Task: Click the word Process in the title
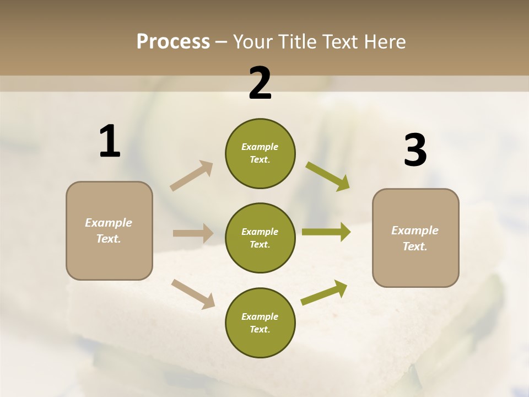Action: click(x=173, y=42)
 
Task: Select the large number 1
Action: click(x=110, y=142)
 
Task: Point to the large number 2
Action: click(x=260, y=84)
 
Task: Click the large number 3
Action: click(x=415, y=151)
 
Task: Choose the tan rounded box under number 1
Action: click(x=109, y=230)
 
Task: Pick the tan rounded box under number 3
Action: click(x=415, y=238)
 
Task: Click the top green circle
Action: click(x=260, y=153)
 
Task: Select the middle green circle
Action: click(x=260, y=238)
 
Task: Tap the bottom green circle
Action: click(x=260, y=323)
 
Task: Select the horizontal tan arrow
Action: click(x=193, y=233)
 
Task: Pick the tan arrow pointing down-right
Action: click(x=193, y=293)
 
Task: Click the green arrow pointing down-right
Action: click(x=328, y=176)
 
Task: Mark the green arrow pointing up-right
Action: click(x=325, y=292)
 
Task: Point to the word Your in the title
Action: click(x=251, y=42)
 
